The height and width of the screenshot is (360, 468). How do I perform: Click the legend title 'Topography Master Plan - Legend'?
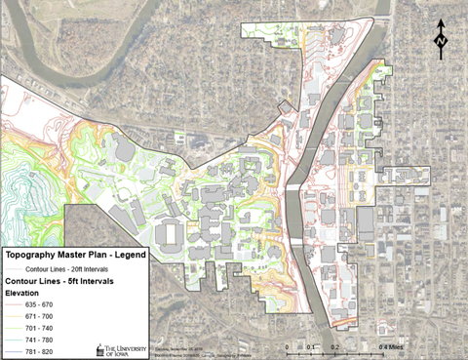(75, 255)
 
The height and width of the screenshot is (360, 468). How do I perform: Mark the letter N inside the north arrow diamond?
(441, 43)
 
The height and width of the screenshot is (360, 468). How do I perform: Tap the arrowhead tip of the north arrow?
(441, 20)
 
